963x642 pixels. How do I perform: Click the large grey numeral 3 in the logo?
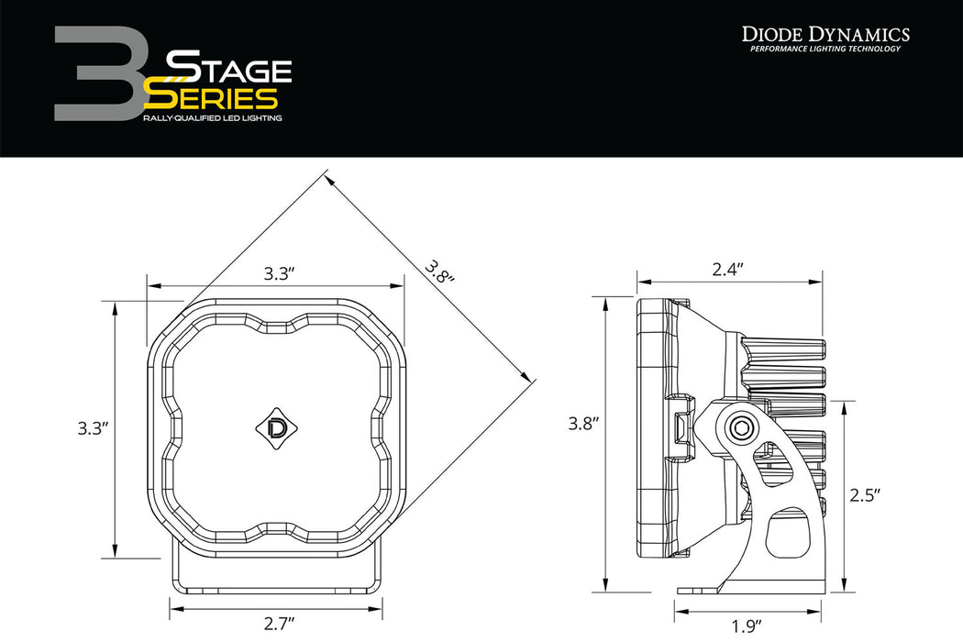(96, 73)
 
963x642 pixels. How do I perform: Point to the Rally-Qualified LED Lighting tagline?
(212, 119)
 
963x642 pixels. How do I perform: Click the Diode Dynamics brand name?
(825, 34)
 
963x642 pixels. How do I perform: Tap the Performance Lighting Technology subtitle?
(825, 49)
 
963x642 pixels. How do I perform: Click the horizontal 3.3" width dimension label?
(279, 273)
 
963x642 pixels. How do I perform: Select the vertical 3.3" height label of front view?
(94, 427)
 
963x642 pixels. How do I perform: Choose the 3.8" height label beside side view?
(583, 423)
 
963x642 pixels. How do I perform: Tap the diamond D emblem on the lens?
(274, 426)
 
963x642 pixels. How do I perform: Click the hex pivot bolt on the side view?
(739, 426)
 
